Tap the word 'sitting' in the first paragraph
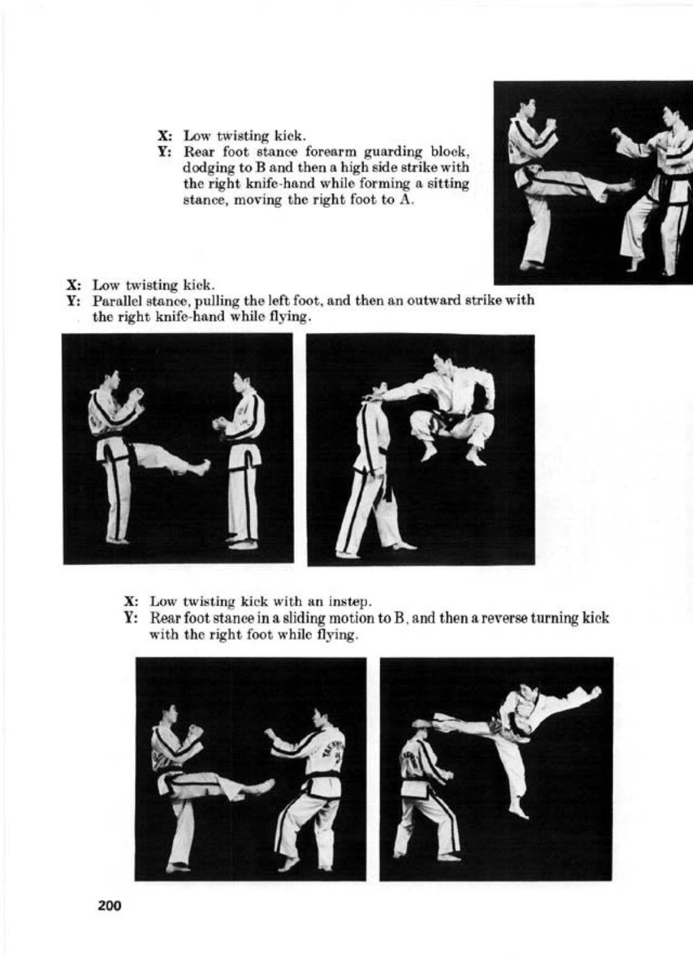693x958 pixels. click(447, 184)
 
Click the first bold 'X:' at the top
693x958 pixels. click(165, 136)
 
